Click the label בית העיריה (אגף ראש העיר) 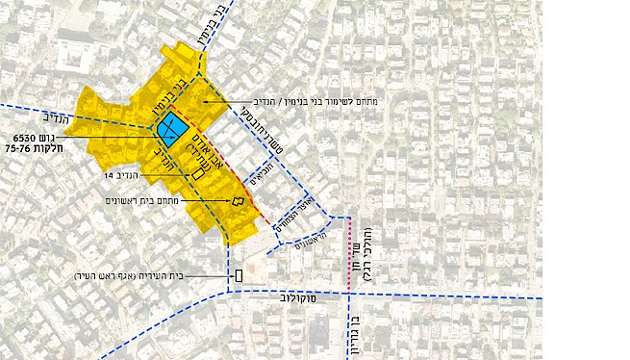click(x=131, y=276)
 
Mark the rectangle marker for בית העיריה click(x=237, y=277)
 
